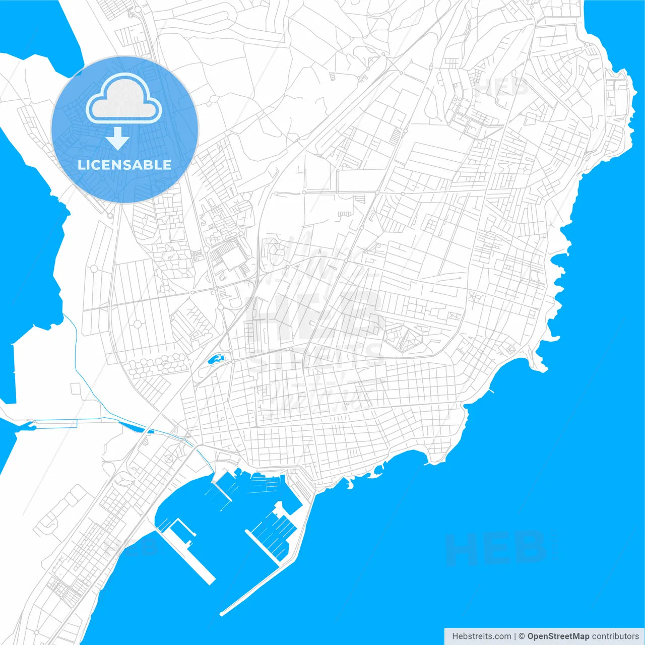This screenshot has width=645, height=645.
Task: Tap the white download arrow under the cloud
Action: pos(118,139)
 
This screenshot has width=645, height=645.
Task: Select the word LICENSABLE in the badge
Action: pos(124,165)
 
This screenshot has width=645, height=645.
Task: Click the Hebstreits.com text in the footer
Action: pos(481,636)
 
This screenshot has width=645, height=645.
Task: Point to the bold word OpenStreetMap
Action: pos(558,636)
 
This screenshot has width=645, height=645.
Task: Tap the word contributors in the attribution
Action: pos(615,636)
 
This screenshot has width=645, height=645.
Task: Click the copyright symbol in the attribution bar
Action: pos(522,636)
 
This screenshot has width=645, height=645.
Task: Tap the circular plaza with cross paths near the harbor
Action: pos(168,460)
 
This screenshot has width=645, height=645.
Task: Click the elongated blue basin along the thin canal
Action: pos(133,426)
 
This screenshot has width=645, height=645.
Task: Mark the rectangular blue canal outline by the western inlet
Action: pos(55,424)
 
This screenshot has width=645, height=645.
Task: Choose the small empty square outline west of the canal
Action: pos(76,389)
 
